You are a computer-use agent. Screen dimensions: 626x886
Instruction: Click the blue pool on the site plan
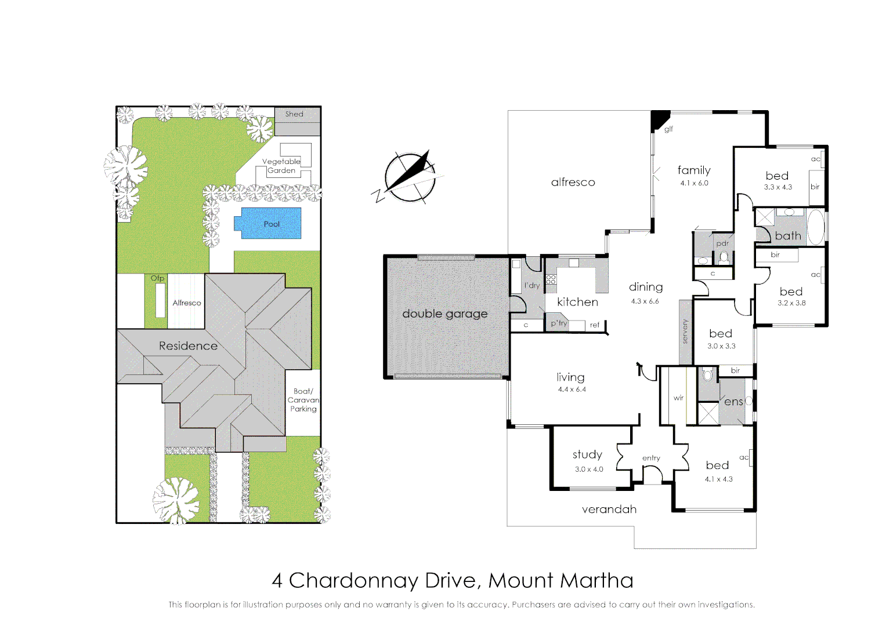(267, 223)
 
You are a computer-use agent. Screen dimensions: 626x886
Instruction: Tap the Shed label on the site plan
(294, 114)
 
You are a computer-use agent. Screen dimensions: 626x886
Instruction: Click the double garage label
(444, 314)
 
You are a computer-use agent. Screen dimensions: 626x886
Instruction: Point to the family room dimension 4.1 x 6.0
(694, 183)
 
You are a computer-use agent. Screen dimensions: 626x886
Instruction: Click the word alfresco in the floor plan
(573, 182)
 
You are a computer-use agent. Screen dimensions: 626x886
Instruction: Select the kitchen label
(577, 302)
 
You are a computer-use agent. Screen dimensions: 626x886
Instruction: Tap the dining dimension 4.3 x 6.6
(645, 301)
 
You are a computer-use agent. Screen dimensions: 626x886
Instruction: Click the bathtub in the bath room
(815, 227)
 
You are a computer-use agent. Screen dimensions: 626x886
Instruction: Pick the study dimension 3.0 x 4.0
(589, 469)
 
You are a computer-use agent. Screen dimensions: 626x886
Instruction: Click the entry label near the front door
(651, 458)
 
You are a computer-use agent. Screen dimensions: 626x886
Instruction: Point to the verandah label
(609, 509)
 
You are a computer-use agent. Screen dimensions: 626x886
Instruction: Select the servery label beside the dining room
(685, 332)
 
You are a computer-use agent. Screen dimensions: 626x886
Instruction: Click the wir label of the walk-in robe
(678, 398)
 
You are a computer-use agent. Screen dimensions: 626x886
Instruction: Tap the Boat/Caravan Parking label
(303, 400)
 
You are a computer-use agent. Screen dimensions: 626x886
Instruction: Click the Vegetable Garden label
(281, 166)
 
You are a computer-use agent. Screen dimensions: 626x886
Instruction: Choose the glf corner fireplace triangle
(659, 119)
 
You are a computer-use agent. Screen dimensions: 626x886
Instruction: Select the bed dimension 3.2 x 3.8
(791, 303)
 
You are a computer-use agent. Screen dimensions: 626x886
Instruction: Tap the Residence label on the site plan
(188, 346)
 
